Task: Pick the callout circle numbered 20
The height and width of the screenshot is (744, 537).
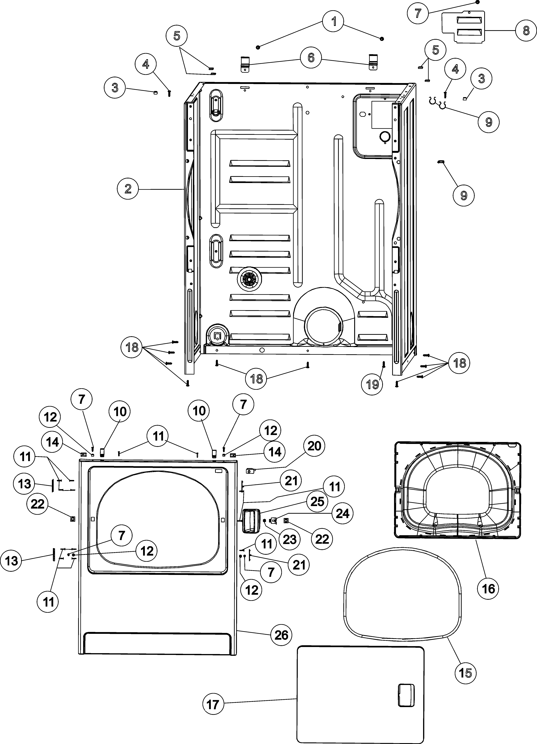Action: [x=314, y=446]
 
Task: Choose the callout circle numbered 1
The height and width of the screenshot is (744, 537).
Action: [x=334, y=22]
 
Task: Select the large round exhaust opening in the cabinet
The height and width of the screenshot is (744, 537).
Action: [x=323, y=326]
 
